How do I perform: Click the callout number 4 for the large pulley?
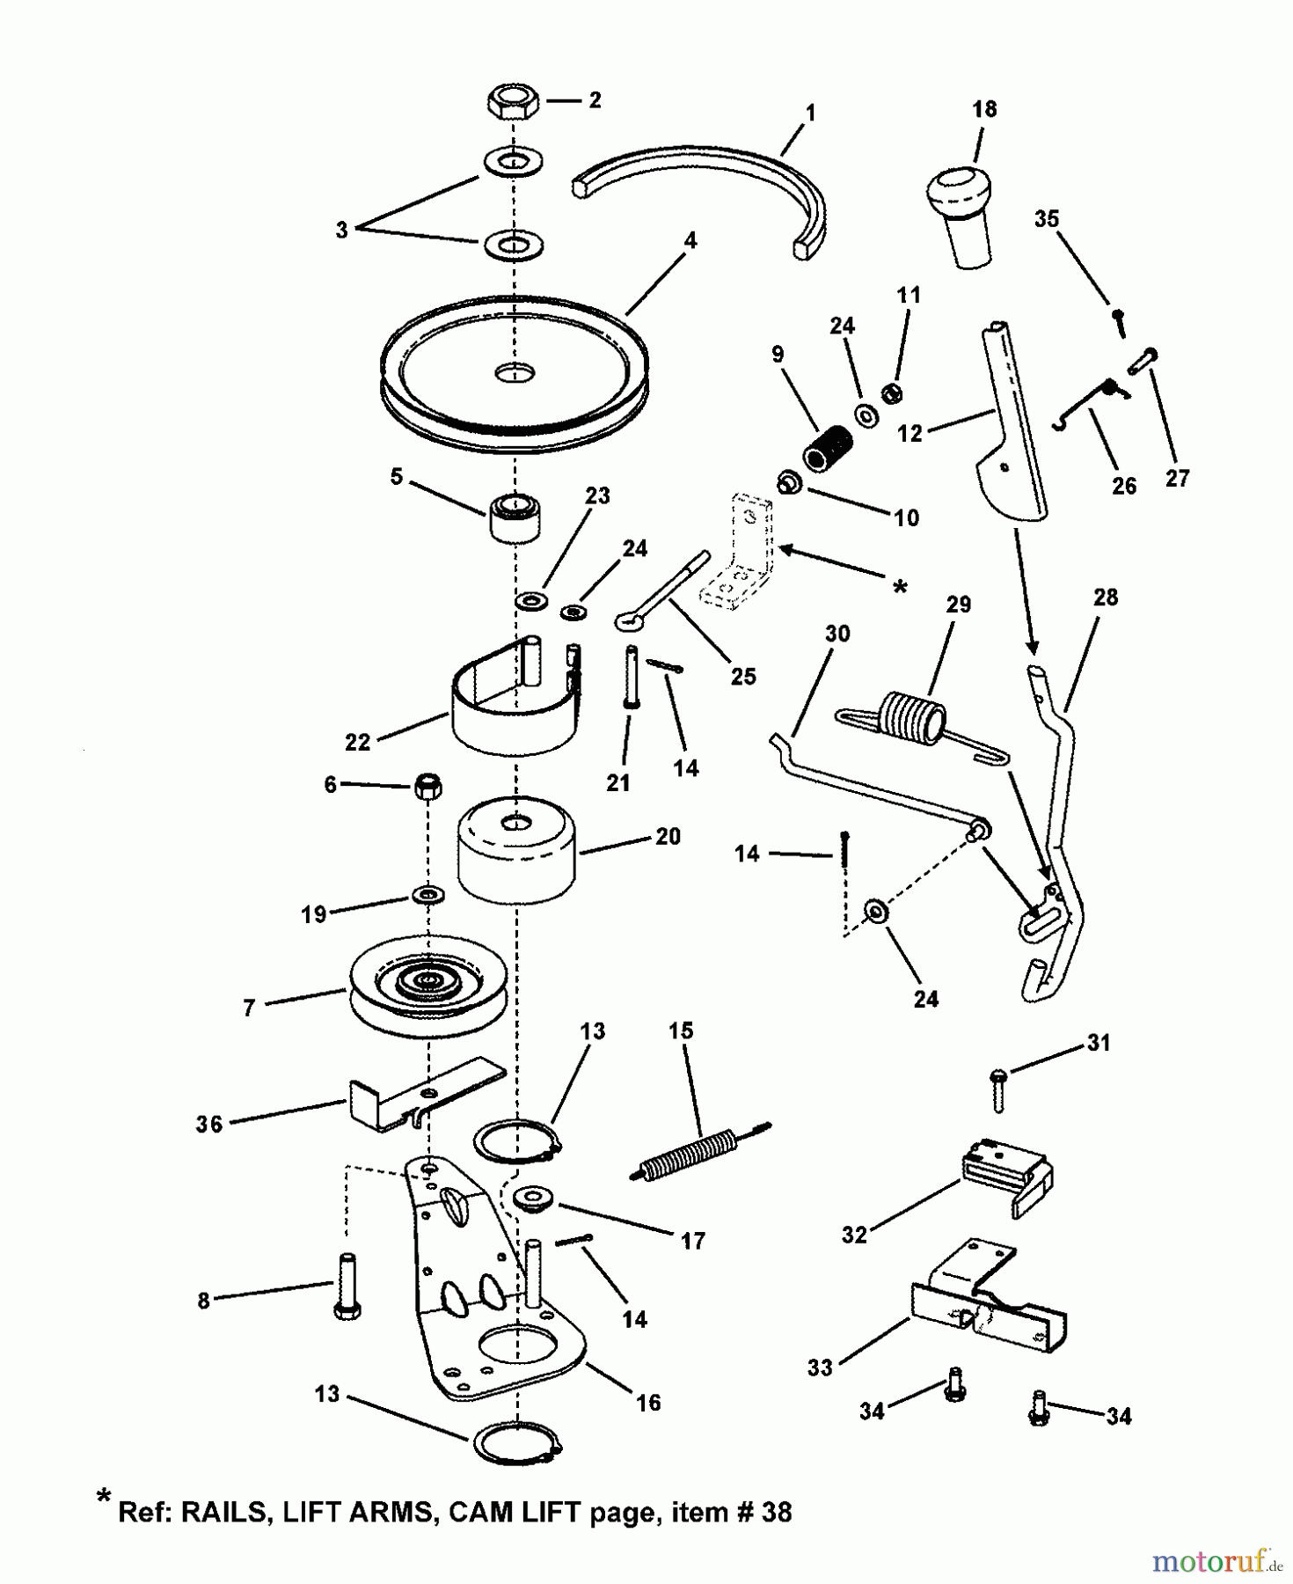(x=691, y=240)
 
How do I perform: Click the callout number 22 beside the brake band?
(x=358, y=743)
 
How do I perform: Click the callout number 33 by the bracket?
(x=820, y=1368)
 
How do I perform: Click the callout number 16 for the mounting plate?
(x=648, y=1403)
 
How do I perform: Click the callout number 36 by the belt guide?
(x=209, y=1124)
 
